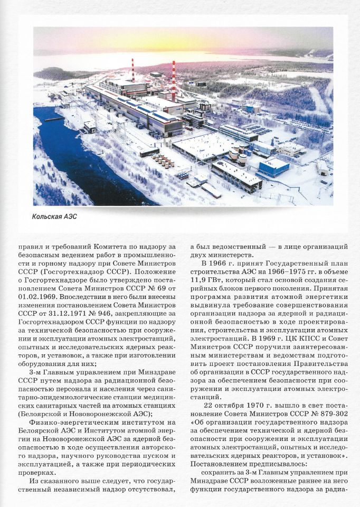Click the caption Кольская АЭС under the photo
[x=54, y=216]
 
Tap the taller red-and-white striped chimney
[x=173, y=80]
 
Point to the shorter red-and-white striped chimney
[x=132, y=69]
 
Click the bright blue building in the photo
[x=274, y=167]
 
